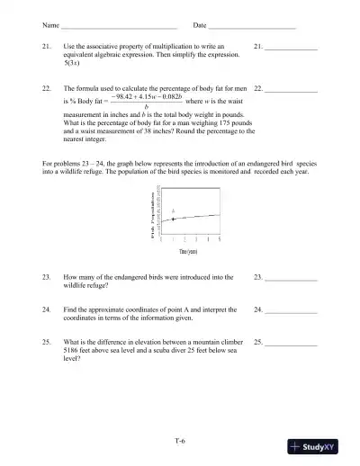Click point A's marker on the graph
(x=173, y=220)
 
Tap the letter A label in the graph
(x=173, y=211)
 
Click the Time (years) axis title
(x=187, y=253)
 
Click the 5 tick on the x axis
(x=220, y=240)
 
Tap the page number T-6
(x=180, y=441)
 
